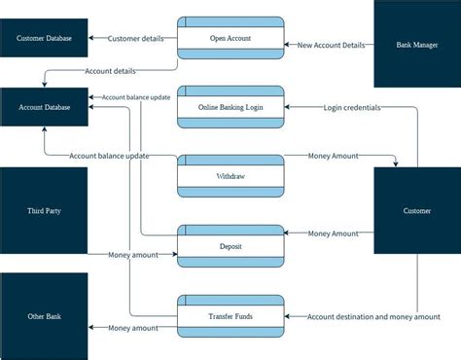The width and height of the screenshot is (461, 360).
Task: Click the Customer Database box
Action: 45,39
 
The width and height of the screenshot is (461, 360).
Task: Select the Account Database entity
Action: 45,107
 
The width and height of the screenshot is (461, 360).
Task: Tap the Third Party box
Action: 45,209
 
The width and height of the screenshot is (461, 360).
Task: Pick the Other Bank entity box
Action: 45,316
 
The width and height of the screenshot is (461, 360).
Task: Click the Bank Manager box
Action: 417,45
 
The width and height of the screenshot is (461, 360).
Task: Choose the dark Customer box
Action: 417,210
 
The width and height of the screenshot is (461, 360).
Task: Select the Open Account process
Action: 230,39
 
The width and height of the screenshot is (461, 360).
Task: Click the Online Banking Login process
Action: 230,107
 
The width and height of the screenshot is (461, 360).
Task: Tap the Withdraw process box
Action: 230,177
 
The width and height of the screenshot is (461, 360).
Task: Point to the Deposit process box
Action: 230,247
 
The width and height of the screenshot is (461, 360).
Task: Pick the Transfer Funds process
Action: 230,316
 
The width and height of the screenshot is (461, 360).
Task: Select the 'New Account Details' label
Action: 332,45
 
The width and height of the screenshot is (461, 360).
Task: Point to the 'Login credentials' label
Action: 352,107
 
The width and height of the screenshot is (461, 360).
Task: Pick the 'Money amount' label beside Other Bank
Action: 132,328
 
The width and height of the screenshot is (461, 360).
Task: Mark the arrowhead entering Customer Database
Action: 92,39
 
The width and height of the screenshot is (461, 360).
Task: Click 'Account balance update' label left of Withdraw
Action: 109,156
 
